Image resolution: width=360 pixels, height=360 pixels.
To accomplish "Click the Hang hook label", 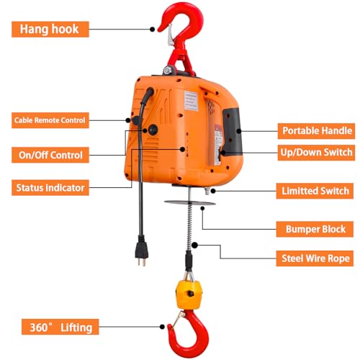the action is pos(50,30).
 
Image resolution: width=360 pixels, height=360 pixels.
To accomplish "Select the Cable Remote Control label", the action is pos(50,120).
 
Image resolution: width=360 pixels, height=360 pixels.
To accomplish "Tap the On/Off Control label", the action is pos(50,155).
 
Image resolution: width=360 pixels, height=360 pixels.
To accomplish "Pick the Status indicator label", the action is pos(50,188).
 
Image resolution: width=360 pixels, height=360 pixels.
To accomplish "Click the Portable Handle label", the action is pos(316,131).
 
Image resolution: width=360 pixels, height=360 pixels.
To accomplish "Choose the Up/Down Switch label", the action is pos(316,153).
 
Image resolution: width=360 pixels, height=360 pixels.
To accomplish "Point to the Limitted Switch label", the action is pos(315,191).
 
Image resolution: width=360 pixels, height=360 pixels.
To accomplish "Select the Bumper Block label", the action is pos(315,229).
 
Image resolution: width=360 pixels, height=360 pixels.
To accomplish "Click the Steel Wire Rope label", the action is pos(315,258).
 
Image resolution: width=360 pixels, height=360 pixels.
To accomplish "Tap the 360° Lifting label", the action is pos(60,327).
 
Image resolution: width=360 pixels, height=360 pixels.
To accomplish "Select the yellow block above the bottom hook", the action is pos(189,294).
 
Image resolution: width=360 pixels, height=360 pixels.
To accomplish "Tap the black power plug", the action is pos(142,251).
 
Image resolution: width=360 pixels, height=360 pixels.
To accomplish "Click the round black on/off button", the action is pos(153,130).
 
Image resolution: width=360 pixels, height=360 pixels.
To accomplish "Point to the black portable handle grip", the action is pos(233,131).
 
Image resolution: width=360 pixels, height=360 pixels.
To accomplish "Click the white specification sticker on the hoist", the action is pos(192,101).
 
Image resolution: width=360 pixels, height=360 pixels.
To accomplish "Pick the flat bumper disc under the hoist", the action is pos(189,203).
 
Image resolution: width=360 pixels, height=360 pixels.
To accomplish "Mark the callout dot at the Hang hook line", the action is pos(152,30).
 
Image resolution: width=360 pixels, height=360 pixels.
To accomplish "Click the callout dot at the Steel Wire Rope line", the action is pos(194,246).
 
